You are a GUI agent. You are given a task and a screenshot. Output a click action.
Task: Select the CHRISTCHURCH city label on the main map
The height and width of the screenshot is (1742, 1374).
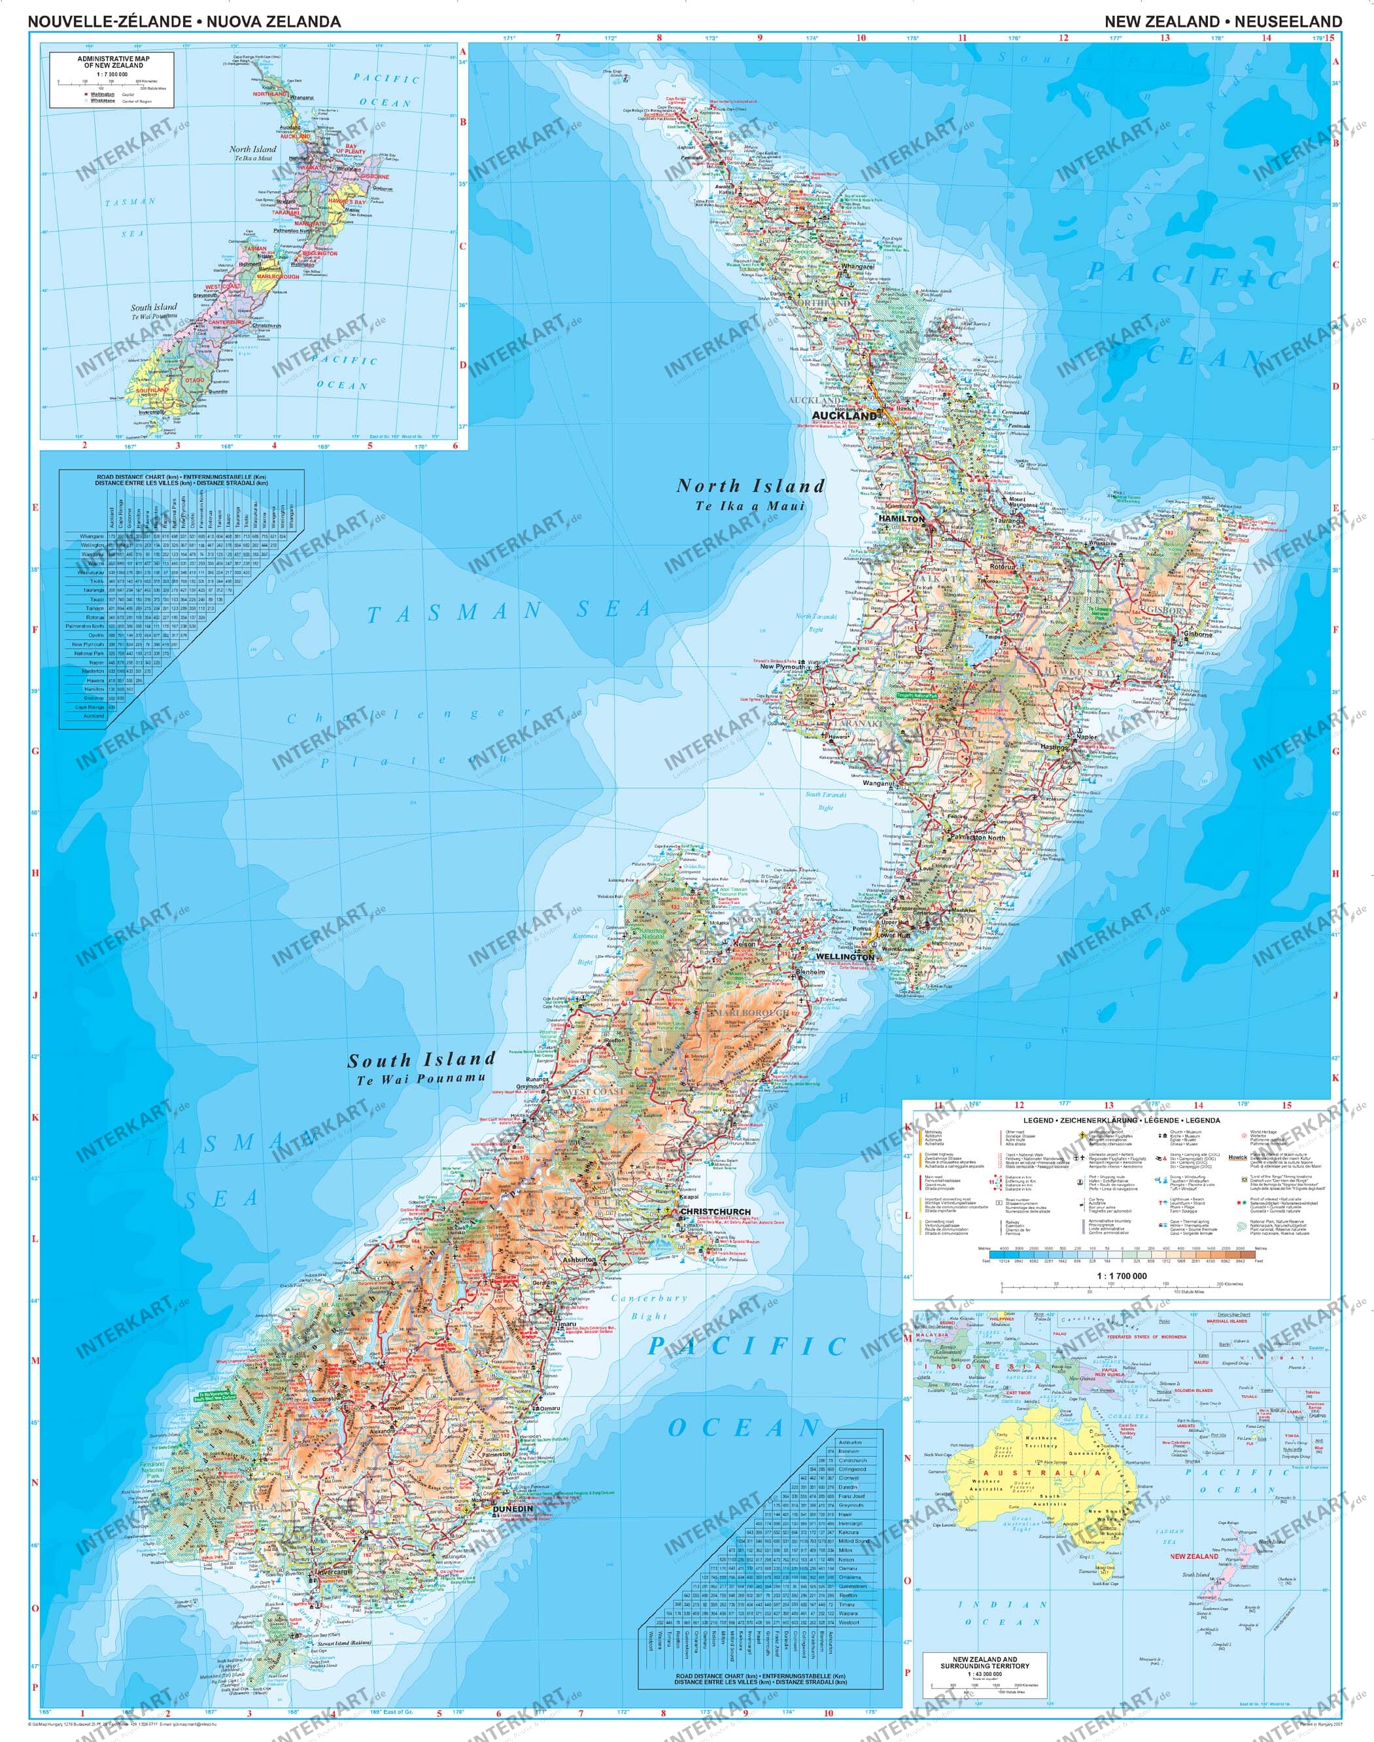click(x=715, y=1211)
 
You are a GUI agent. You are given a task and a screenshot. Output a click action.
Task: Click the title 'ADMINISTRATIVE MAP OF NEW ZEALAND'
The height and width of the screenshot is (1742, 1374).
click(x=112, y=62)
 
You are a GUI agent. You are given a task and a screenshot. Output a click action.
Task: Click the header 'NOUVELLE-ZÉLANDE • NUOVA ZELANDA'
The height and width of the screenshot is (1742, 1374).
click(x=184, y=22)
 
